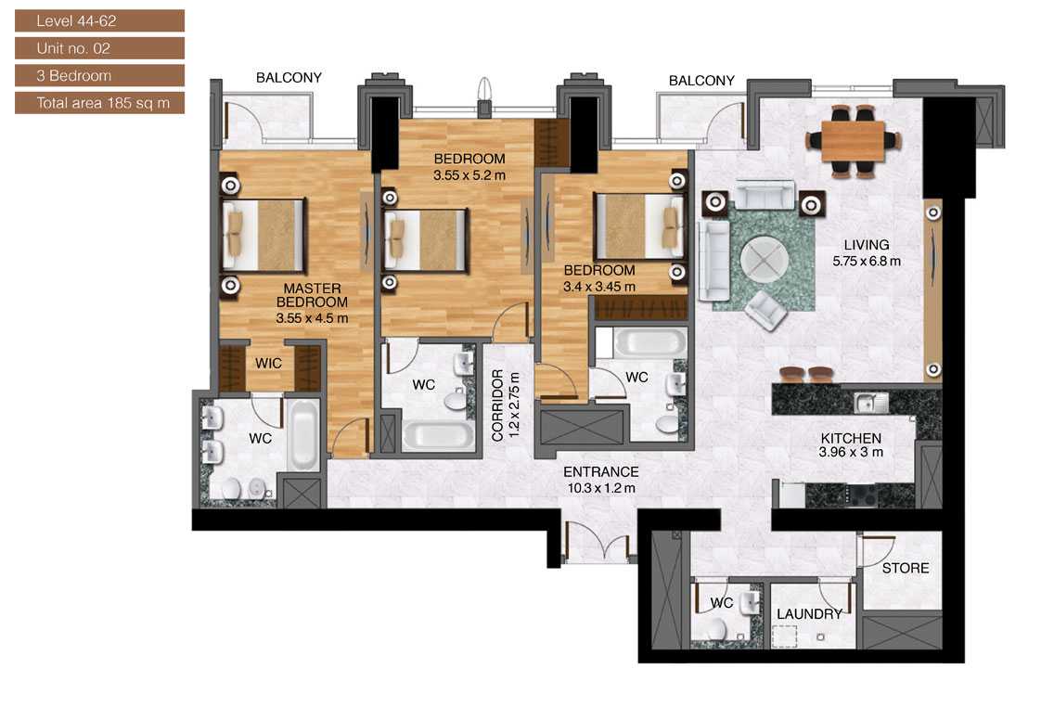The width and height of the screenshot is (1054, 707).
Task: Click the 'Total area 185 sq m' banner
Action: [99, 103]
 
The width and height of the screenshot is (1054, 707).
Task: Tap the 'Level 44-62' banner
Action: [99, 19]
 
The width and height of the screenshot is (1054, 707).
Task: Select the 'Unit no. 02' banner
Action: [99, 47]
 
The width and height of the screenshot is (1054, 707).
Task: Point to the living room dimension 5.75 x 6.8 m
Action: [867, 262]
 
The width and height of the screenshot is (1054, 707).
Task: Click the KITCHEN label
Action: [850, 438]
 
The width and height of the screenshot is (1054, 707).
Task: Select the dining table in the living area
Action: [853, 141]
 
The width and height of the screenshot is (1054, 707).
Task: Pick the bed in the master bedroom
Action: [264, 233]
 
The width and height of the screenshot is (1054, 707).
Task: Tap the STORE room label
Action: [905, 568]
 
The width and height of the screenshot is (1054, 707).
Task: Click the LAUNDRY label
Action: [809, 614]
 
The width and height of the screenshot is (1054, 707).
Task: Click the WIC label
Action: [269, 365]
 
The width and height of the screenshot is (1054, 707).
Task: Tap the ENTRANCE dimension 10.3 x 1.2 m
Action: [603, 487]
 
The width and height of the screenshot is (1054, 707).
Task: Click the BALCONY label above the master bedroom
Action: [289, 78]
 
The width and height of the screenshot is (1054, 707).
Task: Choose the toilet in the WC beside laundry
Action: [714, 632]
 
